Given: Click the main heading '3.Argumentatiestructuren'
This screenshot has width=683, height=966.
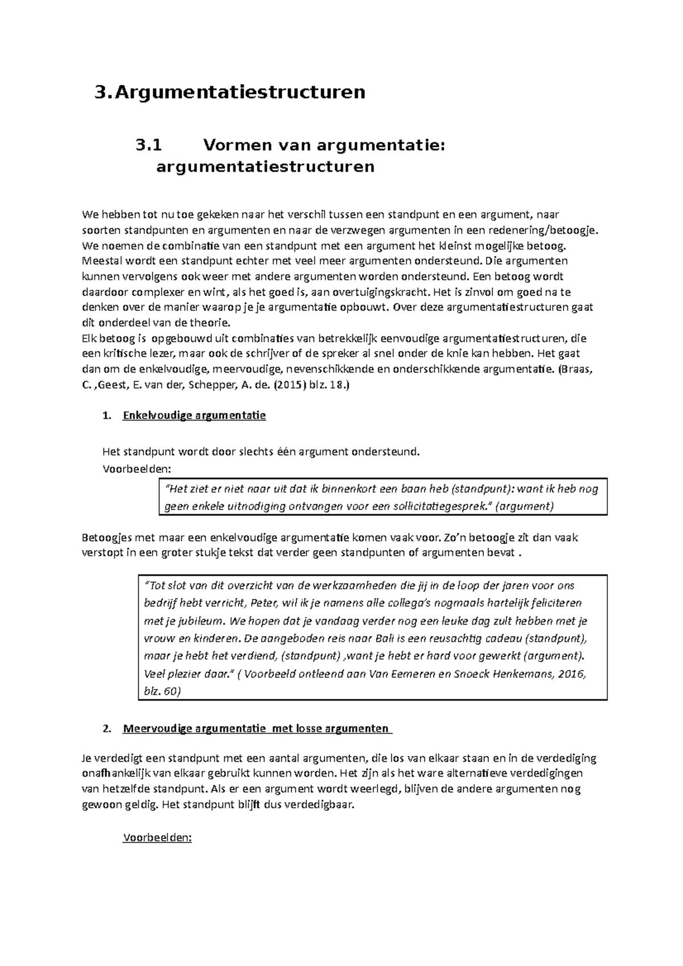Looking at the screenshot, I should tap(230, 92).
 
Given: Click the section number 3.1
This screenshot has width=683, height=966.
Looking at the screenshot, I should tap(149, 146).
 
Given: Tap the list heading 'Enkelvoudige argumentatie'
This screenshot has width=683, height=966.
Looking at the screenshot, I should tap(194, 416).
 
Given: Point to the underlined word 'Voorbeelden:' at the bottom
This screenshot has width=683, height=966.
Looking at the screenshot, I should tap(158, 838).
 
